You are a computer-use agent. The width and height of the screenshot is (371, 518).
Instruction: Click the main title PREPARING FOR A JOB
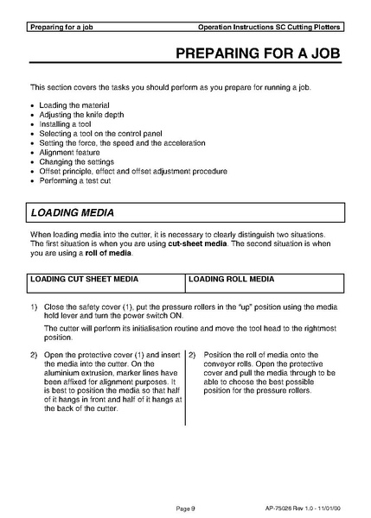pyautogui.click(x=257, y=54)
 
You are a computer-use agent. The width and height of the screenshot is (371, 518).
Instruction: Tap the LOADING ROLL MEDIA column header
pyautogui.click(x=231, y=280)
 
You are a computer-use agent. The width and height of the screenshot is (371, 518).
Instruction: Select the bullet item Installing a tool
pyautogui.click(x=67, y=124)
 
